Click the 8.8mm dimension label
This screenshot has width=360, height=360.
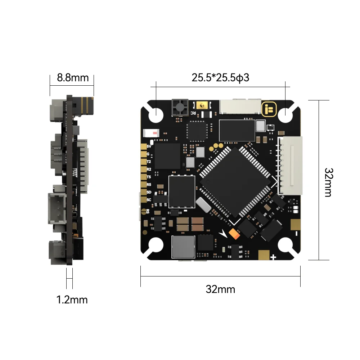73,78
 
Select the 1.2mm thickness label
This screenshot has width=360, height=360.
72,300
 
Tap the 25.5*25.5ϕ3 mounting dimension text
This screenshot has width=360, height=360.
220,77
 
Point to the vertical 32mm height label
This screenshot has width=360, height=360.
328,182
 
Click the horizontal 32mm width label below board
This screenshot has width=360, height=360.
220,289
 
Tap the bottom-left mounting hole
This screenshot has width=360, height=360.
156,246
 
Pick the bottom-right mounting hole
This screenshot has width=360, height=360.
285,246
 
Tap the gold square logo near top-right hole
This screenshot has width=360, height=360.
269,109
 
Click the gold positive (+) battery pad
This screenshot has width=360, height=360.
265,255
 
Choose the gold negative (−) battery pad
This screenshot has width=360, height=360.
295,224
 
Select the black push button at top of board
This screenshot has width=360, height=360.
180,107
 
